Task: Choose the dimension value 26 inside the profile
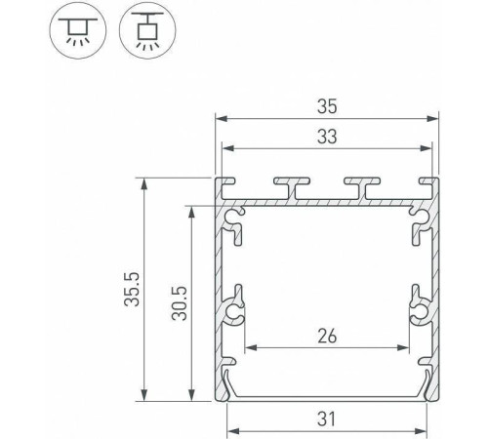pyautogui.click(x=327, y=336)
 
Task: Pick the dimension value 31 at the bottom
pyautogui.click(x=327, y=420)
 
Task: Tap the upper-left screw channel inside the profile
pyautogui.click(x=234, y=220)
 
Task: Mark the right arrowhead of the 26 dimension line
pyautogui.click(x=404, y=347)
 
